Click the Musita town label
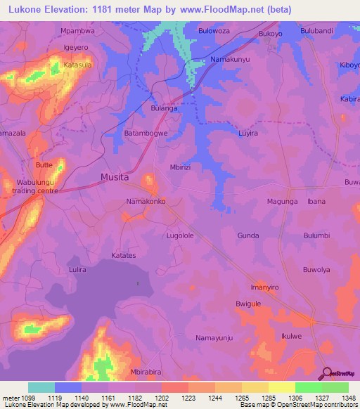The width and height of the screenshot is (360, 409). coord(114,178)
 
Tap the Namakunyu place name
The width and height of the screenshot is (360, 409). coord(231,60)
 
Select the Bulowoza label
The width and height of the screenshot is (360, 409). coord(215,32)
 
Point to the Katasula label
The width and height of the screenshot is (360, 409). coord(78,64)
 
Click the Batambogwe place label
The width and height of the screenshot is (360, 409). coord(146,133)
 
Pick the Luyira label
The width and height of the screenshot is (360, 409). coord(249,133)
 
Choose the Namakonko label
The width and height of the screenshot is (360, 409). coord(146,202)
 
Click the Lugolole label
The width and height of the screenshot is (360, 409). coord(179,236)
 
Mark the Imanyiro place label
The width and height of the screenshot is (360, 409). coord(265,288)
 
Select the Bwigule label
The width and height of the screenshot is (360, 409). coord(248,304)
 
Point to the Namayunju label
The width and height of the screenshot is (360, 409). coord(214,338)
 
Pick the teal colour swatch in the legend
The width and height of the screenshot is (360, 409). coord(41,387)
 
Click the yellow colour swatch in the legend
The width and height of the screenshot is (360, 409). coord(281,387)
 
